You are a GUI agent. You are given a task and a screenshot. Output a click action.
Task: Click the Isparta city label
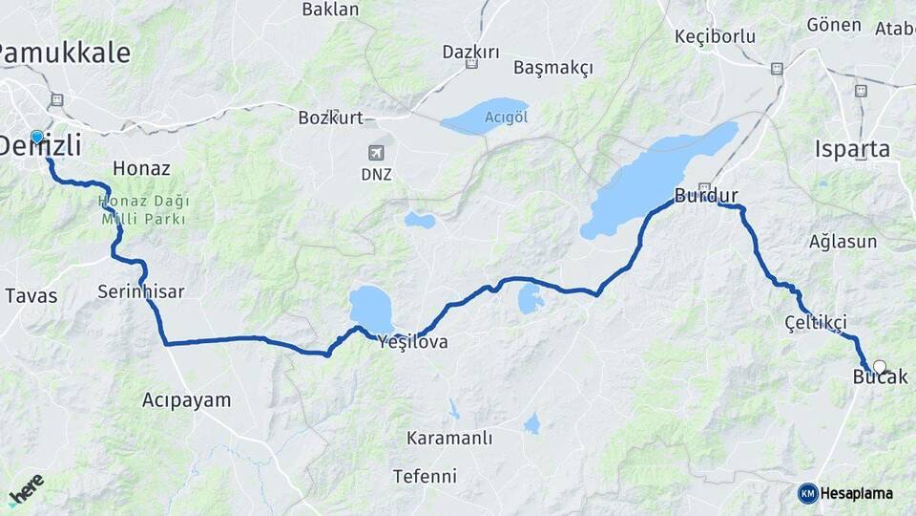coord(852,149)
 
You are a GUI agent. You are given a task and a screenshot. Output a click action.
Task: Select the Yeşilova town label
coord(412,341)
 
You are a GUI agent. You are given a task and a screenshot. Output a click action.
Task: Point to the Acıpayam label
coord(186,399)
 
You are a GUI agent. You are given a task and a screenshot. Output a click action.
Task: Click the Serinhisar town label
coord(140,291)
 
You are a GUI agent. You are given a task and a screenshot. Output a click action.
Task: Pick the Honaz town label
coord(141,168)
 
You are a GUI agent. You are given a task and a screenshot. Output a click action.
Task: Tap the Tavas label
coord(31,295)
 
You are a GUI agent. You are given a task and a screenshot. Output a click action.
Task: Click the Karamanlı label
coord(448,439)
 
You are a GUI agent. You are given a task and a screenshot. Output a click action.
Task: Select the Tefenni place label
coord(425,476)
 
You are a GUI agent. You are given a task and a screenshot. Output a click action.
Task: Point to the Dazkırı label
coord(470,52)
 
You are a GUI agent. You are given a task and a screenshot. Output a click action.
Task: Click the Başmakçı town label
coord(552,68)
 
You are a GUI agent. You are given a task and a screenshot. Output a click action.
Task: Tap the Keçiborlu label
coord(715,36)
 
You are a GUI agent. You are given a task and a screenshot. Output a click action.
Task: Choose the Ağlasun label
coord(843,241)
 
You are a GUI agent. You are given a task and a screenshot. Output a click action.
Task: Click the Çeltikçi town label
coord(815,321)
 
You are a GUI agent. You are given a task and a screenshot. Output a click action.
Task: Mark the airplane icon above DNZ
coord(376,153)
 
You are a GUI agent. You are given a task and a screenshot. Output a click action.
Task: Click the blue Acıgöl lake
coord(485,117)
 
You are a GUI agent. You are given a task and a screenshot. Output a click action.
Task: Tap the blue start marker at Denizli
coord(37,138)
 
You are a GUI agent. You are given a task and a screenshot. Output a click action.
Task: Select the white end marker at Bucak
coord(879,366)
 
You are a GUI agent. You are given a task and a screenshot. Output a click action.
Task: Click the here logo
coord(27,488)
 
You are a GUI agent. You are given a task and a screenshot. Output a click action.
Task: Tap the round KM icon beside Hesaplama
coord(807,493)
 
